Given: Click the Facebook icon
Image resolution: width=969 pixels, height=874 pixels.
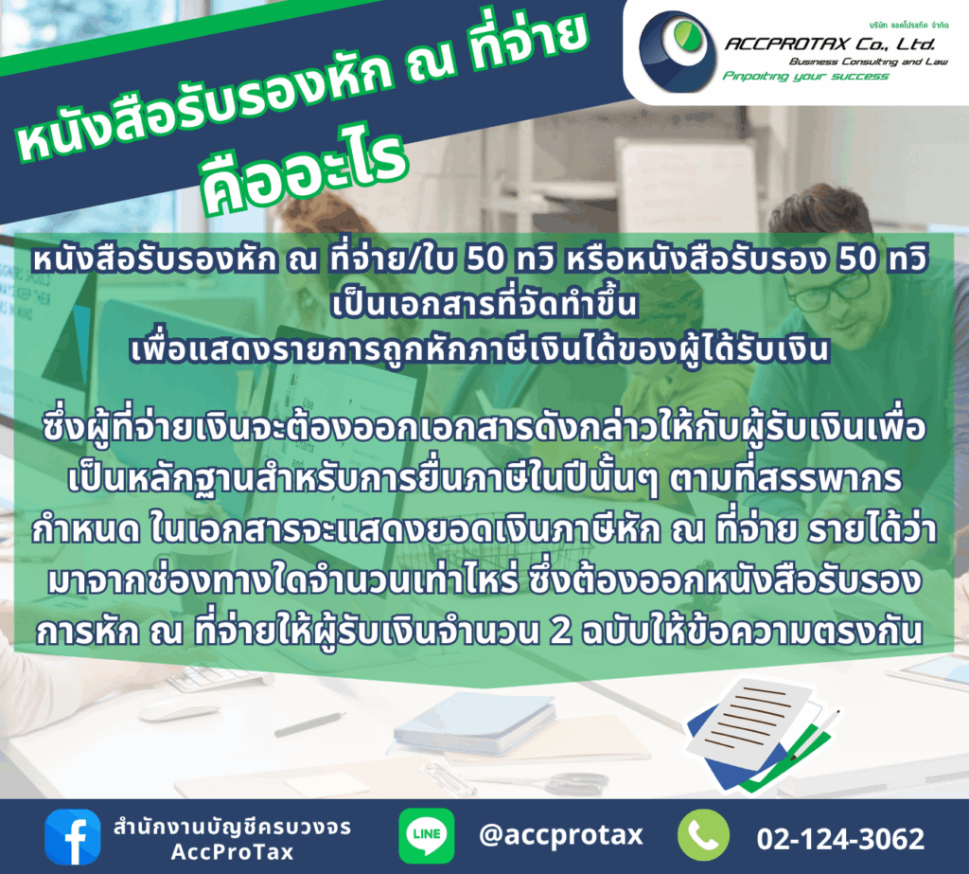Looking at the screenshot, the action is click(72, 836).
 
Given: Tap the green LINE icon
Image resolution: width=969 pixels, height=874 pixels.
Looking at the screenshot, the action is click(427, 836).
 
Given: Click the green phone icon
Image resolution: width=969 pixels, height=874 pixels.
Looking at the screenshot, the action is click(703, 835).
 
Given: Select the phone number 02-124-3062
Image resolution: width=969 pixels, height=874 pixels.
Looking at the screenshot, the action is click(840, 839).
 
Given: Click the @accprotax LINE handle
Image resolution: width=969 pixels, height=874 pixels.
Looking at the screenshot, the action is click(560, 835).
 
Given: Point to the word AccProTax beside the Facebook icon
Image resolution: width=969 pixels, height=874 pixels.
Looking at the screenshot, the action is click(233, 852).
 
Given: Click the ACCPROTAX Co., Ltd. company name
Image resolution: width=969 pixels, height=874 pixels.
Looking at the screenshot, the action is click(830, 44).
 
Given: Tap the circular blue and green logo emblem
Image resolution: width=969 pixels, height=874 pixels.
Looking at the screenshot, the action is click(678, 51).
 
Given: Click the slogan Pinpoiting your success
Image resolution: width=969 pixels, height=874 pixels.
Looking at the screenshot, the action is click(805, 76).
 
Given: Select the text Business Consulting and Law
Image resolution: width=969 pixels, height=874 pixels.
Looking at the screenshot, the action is click(869, 62).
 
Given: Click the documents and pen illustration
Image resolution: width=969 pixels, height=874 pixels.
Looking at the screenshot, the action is click(764, 734).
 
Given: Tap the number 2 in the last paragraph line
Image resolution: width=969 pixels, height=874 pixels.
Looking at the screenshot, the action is click(560, 632).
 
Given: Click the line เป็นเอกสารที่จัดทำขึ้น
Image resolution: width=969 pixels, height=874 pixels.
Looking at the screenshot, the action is click(484, 304).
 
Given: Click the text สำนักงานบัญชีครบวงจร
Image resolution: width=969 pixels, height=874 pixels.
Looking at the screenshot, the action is click(233, 827).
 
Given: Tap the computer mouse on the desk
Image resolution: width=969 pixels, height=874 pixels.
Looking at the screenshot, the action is click(169, 712).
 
